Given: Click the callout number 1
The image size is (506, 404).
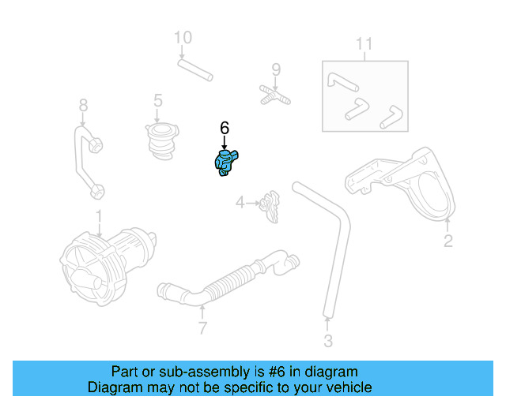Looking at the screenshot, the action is (x=99, y=216).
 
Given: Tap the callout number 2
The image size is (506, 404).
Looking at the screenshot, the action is (x=447, y=241).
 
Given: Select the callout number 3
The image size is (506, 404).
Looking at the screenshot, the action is (x=328, y=341).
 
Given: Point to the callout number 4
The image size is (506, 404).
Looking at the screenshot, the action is (x=240, y=203).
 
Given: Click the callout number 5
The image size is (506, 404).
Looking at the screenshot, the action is (x=158, y=100).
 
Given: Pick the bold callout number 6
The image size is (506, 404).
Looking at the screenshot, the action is (x=224, y=127).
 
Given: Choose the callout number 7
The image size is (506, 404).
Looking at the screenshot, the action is (x=202, y=327).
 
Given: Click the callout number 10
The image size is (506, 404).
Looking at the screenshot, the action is (x=183, y=37).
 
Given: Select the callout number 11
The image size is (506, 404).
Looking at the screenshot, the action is (x=363, y=43).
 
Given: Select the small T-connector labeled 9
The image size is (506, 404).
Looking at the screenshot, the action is (x=274, y=96).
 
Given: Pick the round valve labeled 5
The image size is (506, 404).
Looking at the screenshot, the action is (x=161, y=140).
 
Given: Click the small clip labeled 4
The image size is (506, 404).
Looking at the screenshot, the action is (x=272, y=205).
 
